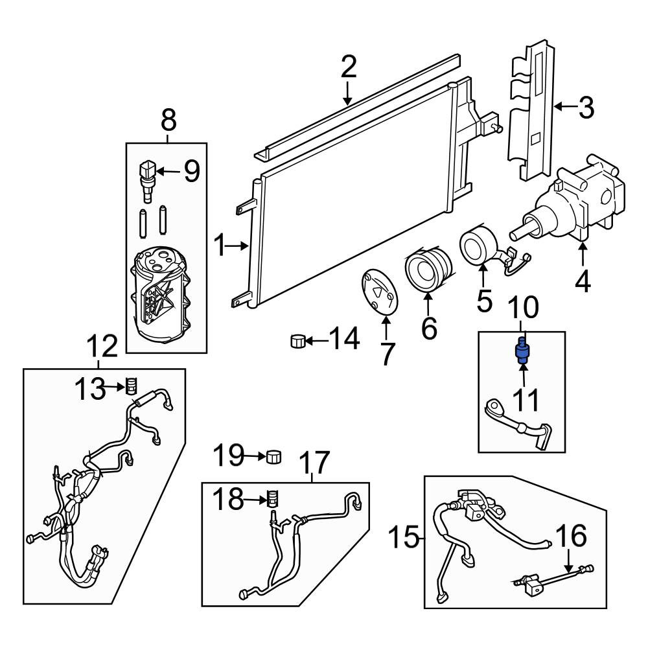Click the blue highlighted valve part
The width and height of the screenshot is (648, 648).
[x=522, y=351]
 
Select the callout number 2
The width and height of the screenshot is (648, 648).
[x=349, y=68]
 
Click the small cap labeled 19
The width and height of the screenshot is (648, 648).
[x=273, y=456]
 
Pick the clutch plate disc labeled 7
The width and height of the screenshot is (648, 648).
[x=379, y=293]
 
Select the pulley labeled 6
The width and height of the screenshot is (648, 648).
[x=429, y=268]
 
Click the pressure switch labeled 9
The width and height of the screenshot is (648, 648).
[x=148, y=181]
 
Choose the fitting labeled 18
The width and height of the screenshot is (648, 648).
[x=272, y=498]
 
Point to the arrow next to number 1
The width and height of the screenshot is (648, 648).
[x=237, y=246]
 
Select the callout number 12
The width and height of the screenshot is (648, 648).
[x=102, y=346]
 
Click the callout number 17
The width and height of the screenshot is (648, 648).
[x=315, y=461]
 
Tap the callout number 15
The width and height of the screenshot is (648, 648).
[x=404, y=537]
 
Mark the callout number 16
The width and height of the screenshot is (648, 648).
[x=572, y=535]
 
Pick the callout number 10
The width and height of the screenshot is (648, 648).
[x=523, y=307]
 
